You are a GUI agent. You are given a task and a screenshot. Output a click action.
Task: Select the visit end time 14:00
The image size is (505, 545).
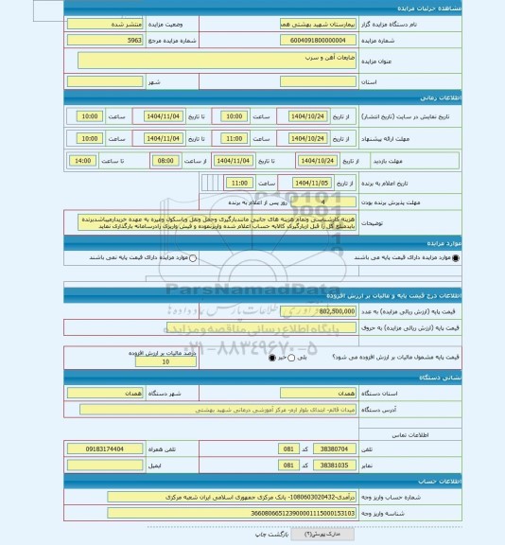coord(83,161)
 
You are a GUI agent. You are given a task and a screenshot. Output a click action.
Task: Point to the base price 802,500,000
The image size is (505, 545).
coord(321,309)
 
